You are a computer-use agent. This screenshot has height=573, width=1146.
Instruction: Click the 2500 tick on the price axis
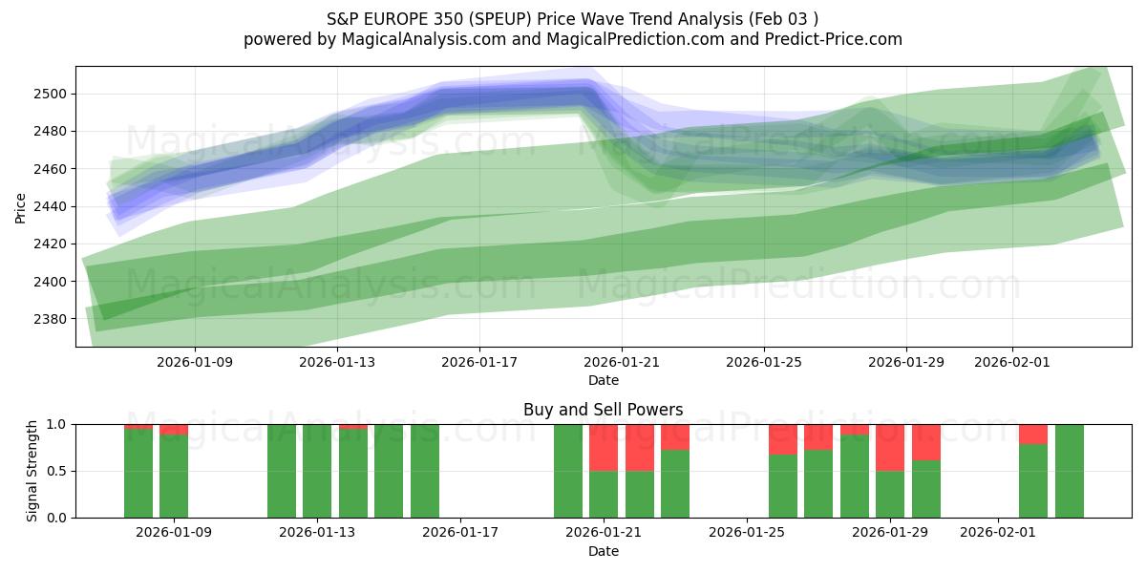53,94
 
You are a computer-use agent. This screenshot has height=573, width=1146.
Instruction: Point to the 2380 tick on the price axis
53,319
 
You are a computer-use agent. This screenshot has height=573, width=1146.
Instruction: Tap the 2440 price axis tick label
53,206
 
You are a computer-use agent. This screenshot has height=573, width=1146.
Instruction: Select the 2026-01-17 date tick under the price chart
479,362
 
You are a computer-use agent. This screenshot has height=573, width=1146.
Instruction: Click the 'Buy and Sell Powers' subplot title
603,410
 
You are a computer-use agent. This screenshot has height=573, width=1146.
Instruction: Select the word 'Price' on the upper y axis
21,206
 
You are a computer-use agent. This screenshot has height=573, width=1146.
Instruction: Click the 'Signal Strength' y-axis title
32,471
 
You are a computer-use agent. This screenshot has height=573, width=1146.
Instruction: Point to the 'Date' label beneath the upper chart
603,380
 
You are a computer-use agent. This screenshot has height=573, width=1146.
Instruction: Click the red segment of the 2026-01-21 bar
604,447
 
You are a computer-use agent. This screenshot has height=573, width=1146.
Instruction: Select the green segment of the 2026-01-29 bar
890,494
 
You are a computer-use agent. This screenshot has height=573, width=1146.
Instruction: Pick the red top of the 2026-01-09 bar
174,430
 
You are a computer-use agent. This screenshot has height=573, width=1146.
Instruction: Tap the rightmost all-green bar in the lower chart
1070,471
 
